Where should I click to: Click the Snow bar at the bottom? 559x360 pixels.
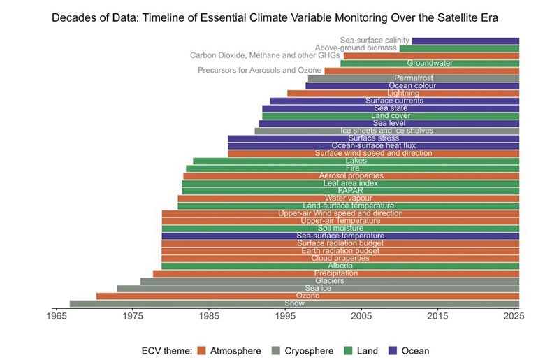[294, 303]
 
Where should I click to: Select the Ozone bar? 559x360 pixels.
[307, 296]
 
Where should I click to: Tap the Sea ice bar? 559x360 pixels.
[318, 288]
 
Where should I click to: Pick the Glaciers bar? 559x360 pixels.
[329, 281]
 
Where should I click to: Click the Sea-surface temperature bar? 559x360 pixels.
[340, 236]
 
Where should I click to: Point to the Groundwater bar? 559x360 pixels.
[430, 64]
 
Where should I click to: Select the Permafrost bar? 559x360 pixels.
[413, 78]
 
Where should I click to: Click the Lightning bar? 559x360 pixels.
[403, 93]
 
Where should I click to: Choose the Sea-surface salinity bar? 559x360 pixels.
[465, 41]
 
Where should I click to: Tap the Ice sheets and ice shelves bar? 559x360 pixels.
[386, 131]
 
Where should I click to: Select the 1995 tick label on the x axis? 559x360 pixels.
[284, 316]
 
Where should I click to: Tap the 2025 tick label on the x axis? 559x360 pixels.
[514, 316]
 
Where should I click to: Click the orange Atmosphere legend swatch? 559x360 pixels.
[203, 350]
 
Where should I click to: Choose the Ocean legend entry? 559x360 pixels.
[408, 350]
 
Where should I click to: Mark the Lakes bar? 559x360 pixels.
[356, 161]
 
